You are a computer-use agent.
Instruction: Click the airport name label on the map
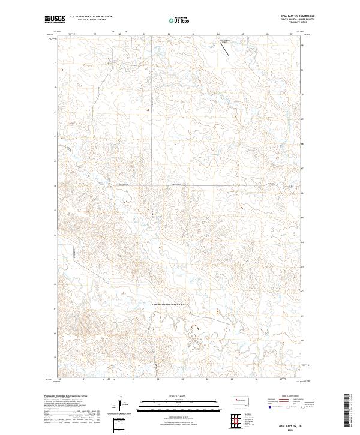[x=224, y=41]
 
